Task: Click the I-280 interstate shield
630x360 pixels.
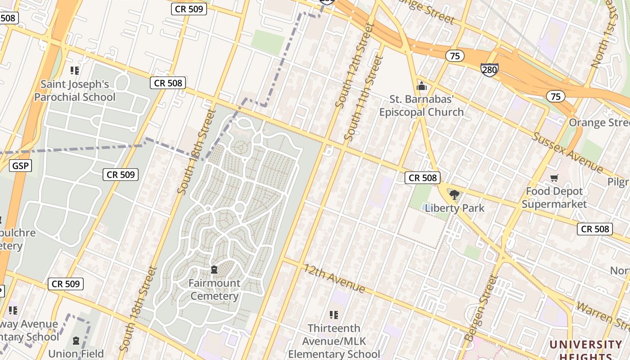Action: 489,69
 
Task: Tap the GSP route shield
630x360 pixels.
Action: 20,166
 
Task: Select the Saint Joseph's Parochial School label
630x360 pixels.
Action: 75,91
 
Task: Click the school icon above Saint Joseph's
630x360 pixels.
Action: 75,71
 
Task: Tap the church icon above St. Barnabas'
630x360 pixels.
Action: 422,86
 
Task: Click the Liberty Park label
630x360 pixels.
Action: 454,208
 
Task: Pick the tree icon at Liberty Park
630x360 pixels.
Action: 454,195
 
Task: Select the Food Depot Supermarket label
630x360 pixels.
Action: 554,198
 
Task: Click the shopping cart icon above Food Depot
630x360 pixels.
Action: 554,178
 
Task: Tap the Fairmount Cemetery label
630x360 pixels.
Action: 214,289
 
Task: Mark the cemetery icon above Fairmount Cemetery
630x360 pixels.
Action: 214,270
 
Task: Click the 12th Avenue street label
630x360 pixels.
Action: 333,278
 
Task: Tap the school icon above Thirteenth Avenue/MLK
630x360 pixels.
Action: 333,315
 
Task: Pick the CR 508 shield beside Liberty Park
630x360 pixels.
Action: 423,178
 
